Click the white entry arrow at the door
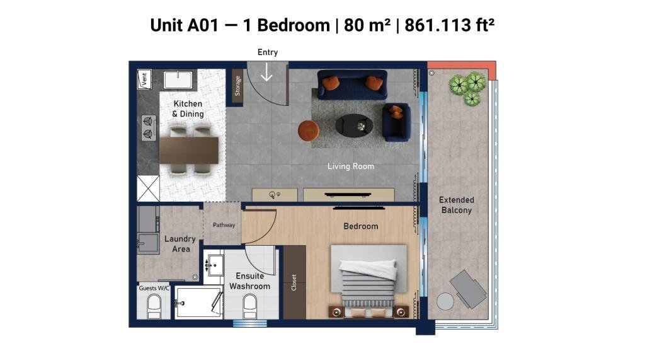point(267,73)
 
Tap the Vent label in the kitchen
point(144,79)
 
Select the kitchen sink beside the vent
point(178,80)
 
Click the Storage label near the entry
point(237,86)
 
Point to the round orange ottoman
point(309,130)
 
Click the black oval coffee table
point(354,125)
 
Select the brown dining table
point(189,150)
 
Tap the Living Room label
point(351,166)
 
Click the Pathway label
point(224,225)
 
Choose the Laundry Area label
point(180,244)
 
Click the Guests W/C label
point(154,288)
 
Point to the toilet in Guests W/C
point(154,307)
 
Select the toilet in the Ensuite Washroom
point(249,307)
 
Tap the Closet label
point(294,282)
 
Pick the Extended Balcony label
point(457,205)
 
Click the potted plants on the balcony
point(468,87)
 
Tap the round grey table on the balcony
point(445,301)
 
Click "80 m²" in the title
point(367,25)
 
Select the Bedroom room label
point(361,226)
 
